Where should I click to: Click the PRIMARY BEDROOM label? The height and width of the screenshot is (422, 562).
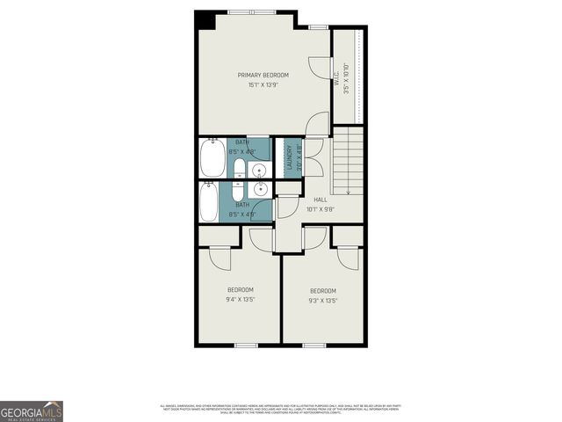tap(263, 75)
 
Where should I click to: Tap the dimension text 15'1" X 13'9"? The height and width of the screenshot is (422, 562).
tap(263, 85)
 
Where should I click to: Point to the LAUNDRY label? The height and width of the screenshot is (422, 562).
tap(288, 157)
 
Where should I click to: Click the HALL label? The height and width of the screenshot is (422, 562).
tap(320, 200)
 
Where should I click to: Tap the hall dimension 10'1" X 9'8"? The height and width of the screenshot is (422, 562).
tap(320, 209)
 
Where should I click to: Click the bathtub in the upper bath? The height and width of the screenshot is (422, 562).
tap(213, 158)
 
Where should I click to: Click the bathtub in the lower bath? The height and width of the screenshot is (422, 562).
tap(210, 201)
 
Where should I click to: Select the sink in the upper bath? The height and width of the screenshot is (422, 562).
tap(260, 169)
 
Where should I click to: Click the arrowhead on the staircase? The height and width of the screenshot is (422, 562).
tap(349, 191)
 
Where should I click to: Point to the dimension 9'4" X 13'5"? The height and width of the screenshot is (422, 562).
tap(240, 300)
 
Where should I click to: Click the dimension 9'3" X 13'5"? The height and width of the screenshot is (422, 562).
tap(322, 301)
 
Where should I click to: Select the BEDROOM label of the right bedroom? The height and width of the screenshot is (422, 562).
tap(322, 291)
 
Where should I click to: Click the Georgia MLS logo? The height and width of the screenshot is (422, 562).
tap(32, 411)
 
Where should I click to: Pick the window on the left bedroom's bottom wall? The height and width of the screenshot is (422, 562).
tap(246, 346)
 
